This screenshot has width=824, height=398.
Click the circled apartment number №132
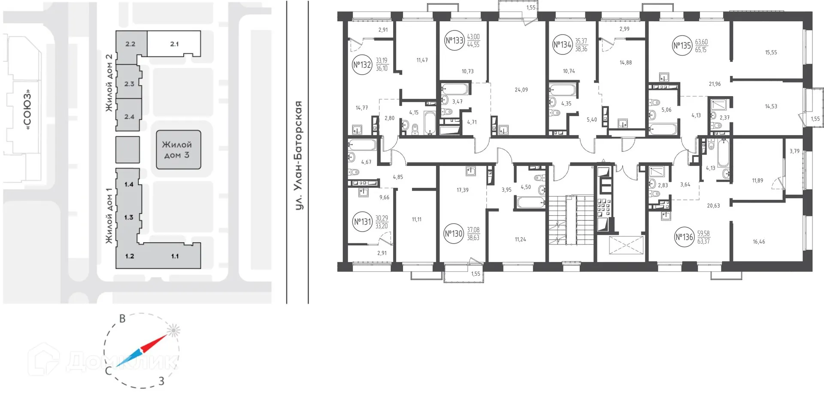click(362, 65)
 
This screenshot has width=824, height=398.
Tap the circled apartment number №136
click(684, 237)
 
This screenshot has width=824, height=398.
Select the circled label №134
click(562, 45)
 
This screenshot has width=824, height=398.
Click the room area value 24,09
click(521, 90)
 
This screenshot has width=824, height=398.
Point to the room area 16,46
click(758, 242)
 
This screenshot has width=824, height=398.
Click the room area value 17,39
click(462, 190)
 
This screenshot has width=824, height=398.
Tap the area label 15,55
click(770, 53)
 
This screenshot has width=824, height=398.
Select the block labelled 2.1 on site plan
click(174, 44)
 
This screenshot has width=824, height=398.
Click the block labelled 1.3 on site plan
click(129, 217)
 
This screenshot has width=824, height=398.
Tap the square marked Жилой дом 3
click(178, 150)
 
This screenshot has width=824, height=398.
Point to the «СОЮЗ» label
click(28, 109)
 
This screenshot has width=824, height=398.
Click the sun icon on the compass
click(173, 330)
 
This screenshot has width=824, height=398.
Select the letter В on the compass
click(122, 319)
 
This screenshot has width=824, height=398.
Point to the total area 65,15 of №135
click(701, 50)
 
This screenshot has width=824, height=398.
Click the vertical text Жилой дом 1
click(109, 216)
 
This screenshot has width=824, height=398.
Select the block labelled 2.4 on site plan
click(129, 117)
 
